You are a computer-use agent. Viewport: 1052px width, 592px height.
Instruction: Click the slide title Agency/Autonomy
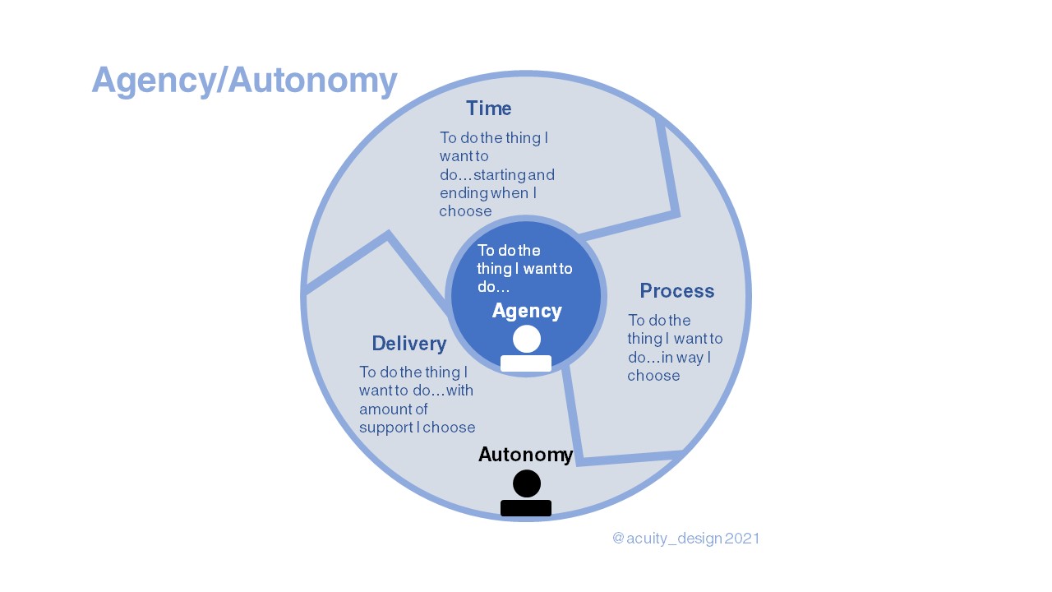(244, 81)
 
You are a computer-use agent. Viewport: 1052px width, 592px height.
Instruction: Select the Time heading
(488, 109)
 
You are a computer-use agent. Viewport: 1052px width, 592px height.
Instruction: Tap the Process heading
(676, 291)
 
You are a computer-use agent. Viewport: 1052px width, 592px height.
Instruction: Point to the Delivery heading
(408, 344)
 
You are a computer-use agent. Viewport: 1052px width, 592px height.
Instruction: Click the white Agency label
(527, 311)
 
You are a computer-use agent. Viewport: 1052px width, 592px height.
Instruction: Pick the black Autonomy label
(525, 455)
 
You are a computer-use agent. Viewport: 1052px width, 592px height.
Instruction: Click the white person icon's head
(527, 339)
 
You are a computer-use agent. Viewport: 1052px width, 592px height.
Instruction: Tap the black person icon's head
(527, 483)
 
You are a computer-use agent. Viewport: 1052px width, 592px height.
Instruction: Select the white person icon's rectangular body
(526, 363)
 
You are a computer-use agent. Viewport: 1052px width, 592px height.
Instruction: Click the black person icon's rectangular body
(526, 508)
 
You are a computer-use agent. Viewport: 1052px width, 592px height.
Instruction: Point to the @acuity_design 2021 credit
(685, 539)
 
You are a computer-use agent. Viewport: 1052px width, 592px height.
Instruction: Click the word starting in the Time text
(501, 175)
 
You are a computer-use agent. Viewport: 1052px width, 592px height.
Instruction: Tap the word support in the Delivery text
(385, 428)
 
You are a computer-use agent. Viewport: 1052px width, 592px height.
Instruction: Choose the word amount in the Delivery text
(381, 409)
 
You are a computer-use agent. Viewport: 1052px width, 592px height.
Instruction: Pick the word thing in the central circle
(494, 269)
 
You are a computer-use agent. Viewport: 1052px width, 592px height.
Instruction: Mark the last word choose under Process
(653, 376)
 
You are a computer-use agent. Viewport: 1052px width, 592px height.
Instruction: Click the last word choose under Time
(465, 211)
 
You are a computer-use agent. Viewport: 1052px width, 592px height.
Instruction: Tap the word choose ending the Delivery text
(449, 428)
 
